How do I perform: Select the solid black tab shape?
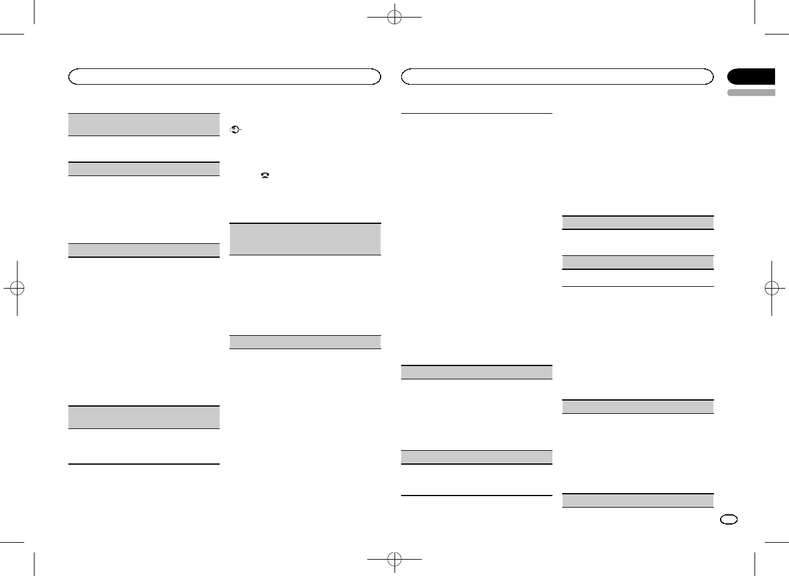pos(751,77)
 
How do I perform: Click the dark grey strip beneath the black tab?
pos(751,93)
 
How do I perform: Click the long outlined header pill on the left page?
pos(224,77)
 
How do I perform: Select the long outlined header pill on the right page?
pos(558,77)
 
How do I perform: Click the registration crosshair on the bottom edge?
pos(394,557)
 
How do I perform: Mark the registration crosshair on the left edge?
pos(18,288)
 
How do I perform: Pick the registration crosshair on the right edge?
pos(771,288)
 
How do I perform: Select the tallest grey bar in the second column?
pos(306,239)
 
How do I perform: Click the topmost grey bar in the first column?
pos(143,125)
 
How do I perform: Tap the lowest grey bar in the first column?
pos(143,417)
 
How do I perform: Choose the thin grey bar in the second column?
pos(306,342)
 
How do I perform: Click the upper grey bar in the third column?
pos(477,372)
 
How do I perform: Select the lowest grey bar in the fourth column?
pos(638,500)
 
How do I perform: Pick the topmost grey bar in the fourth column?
pos(638,223)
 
